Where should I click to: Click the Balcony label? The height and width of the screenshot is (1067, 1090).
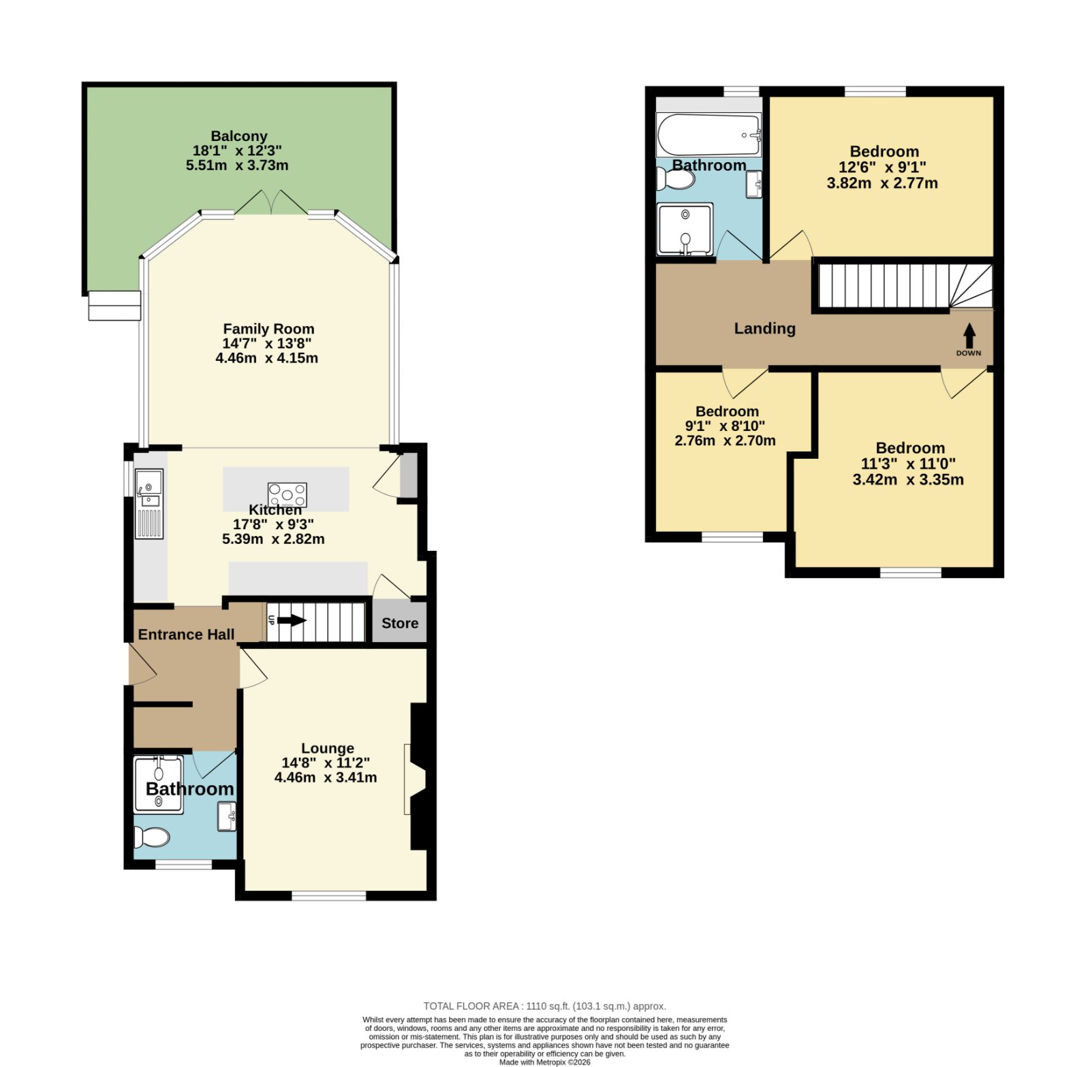(x=238, y=136)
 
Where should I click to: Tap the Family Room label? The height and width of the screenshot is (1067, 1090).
(x=268, y=329)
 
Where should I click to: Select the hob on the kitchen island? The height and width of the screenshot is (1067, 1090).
(x=287, y=494)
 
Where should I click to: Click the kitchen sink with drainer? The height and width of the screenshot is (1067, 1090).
(x=149, y=504)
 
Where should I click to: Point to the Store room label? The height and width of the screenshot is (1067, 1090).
(x=400, y=623)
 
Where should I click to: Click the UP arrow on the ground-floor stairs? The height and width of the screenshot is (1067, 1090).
(x=292, y=620)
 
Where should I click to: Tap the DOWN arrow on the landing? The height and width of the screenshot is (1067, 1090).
(x=969, y=335)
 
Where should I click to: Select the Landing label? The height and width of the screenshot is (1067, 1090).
(x=764, y=328)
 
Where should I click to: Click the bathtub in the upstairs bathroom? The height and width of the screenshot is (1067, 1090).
(x=708, y=134)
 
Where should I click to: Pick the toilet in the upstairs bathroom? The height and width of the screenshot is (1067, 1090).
(x=675, y=179)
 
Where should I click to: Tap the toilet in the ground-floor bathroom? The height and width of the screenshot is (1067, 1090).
(x=151, y=836)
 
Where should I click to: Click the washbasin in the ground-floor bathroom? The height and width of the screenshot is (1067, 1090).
(x=226, y=816)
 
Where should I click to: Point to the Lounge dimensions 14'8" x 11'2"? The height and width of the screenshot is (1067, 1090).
(x=326, y=763)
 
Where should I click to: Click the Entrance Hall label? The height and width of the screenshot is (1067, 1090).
(x=186, y=635)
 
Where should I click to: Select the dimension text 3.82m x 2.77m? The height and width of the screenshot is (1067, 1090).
(x=882, y=183)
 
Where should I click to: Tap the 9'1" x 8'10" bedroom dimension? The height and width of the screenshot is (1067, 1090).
(x=725, y=426)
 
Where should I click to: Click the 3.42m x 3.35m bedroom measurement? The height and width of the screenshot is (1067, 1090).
(x=908, y=479)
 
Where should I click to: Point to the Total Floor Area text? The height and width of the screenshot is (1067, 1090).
(x=544, y=1006)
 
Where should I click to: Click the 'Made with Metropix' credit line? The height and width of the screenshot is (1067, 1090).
(x=544, y=1062)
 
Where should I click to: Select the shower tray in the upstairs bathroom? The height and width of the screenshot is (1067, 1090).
(x=685, y=229)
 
